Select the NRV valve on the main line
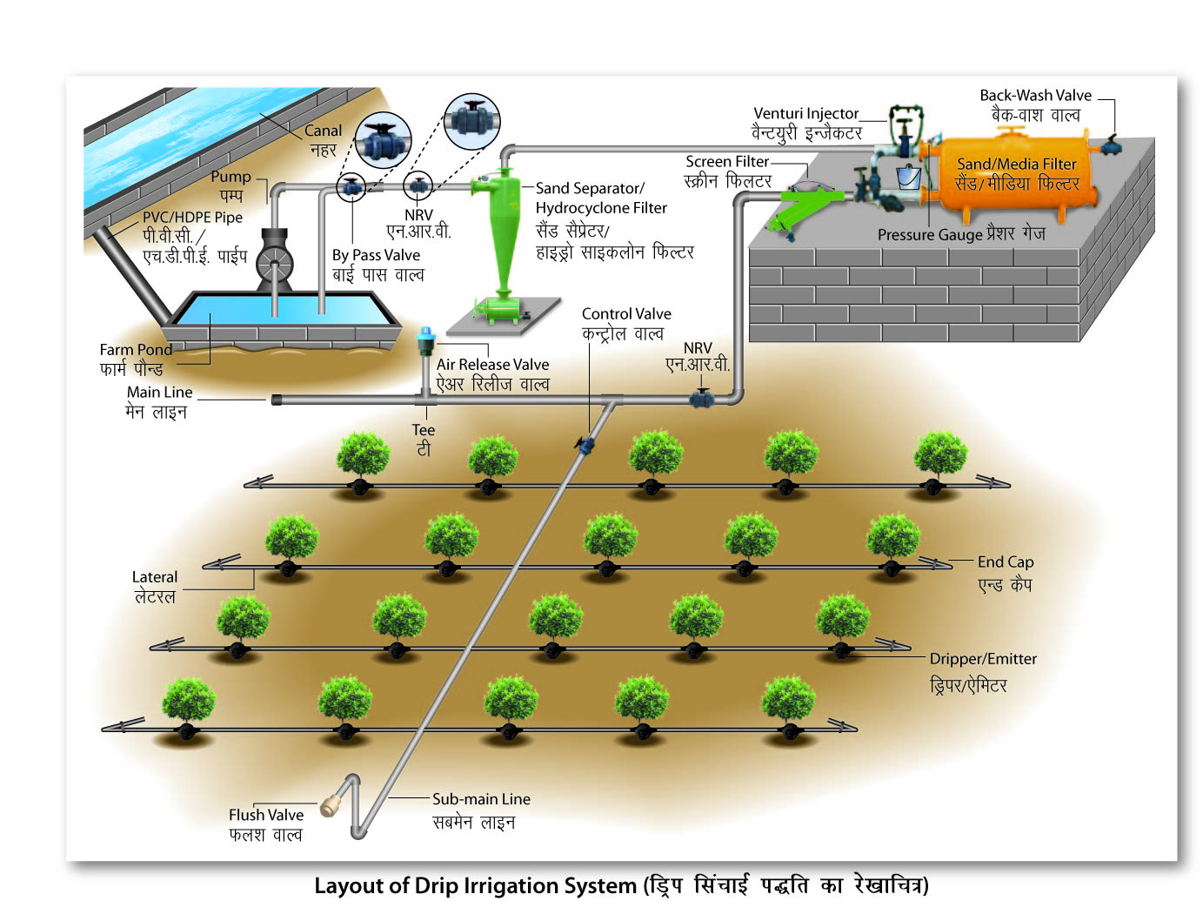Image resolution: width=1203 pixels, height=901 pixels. pyautogui.click(x=701, y=400)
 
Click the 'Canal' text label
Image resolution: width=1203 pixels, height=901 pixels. pyautogui.click(x=323, y=131)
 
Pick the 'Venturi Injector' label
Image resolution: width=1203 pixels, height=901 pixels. pyautogui.click(x=805, y=113)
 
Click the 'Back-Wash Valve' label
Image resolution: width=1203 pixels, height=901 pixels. pyautogui.click(x=1034, y=96)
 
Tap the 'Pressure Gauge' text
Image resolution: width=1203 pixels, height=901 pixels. pyautogui.click(x=929, y=235)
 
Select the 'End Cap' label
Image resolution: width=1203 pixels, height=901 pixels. pyautogui.click(x=1005, y=562)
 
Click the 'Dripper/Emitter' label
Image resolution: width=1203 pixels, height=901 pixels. pyautogui.click(x=983, y=659)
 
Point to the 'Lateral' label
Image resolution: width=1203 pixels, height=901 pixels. pyautogui.click(x=154, y=577)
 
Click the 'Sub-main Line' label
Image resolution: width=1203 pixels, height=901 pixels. pyautogui.click(x=481, y=799)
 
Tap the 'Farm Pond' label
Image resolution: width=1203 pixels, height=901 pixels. pyautogui.click(x=136, y=349)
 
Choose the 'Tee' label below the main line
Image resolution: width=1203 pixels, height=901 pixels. pyautogui.click(x=423, y=430)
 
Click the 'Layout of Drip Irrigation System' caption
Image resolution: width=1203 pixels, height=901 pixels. pyautogui.click(x=475, y=885)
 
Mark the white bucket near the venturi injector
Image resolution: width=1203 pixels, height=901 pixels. pyautogui.click(x=908, y=178)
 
